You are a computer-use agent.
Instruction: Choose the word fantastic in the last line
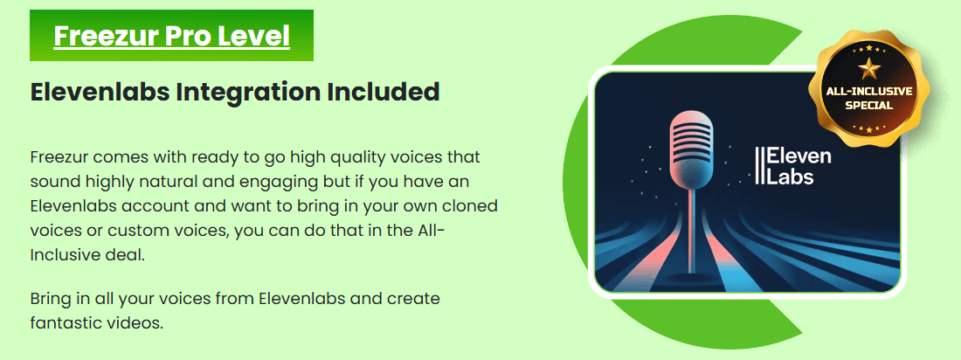tap(60, 322)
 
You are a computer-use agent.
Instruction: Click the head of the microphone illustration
tap(693, 147)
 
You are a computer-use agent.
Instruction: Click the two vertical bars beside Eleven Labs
tap(760, 166)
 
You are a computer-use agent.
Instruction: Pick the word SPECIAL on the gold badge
tap(869, 106)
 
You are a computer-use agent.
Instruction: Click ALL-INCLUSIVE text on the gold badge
tap(869, 92)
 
